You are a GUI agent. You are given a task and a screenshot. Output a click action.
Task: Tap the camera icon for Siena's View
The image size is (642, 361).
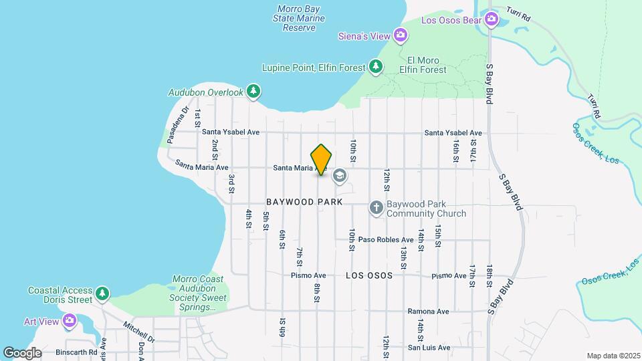400,34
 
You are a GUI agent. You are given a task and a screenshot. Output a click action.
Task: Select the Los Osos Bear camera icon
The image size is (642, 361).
492,19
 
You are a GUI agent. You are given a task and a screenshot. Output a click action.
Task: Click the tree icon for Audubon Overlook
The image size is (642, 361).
253,92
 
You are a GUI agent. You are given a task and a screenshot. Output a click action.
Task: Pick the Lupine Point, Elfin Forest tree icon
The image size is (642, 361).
376,67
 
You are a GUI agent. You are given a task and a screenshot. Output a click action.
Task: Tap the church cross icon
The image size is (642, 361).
376,209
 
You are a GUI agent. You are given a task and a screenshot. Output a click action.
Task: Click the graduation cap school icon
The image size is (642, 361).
339,176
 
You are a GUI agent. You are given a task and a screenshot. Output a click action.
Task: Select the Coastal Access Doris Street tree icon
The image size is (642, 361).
102,293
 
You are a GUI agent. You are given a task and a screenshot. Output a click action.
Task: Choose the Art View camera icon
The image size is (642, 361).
69,322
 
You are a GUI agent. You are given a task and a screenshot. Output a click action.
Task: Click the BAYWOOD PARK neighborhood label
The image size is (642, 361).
304,202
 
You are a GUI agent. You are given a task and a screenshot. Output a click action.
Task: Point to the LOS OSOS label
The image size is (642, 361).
368,275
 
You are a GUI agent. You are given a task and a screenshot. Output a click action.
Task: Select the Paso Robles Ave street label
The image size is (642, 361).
385,239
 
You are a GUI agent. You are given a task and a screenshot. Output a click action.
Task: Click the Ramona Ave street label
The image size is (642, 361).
429,312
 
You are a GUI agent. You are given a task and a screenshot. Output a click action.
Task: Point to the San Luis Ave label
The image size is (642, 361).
429,348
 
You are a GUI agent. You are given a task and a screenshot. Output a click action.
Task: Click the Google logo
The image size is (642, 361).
21,352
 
